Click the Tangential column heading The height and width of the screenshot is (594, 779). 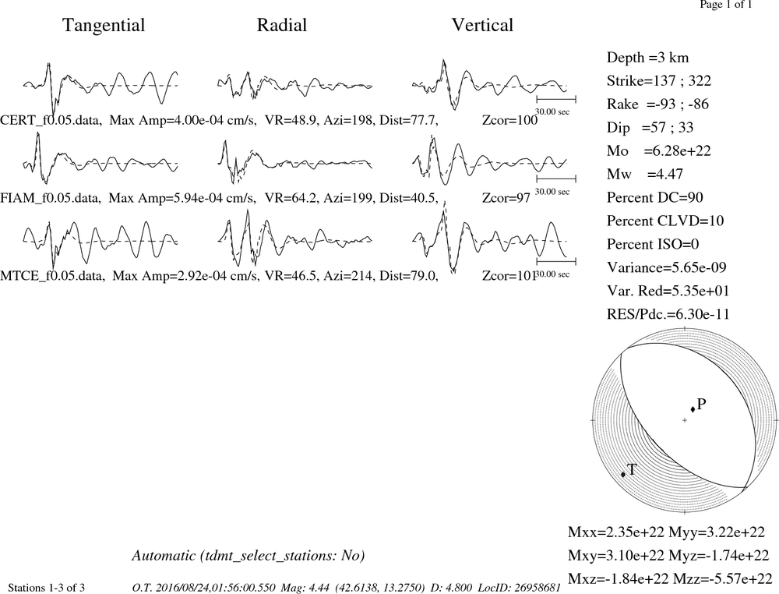[104, 26]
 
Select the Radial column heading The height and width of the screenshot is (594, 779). [282, 25]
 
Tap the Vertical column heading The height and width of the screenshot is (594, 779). [482, 25]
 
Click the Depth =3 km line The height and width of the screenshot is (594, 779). [648, 58]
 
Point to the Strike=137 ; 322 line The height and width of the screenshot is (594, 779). [659, 80]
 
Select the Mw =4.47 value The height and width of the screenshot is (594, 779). [645, 174]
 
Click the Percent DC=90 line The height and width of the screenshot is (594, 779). [655, 197]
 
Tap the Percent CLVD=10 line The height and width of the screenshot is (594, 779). [665, 221]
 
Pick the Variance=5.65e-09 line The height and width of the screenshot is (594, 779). [667, 267]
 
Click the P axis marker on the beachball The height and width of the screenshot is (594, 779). [693, 409]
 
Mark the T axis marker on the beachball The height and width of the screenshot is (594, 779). [623, 475]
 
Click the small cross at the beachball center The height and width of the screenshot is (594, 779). [685, 420]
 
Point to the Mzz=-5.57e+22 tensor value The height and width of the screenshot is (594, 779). [723, 578]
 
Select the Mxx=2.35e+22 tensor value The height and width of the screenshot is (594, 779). [616, 532]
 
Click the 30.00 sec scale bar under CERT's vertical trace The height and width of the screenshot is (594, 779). [556, 100]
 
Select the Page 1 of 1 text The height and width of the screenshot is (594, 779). [726, 5]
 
